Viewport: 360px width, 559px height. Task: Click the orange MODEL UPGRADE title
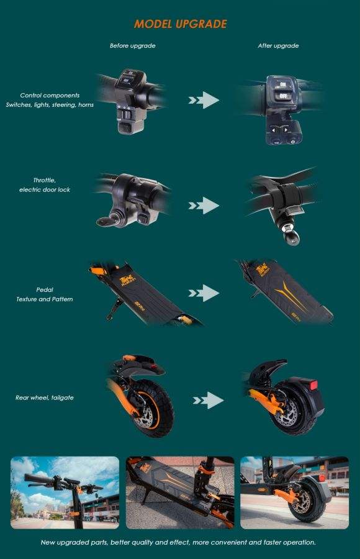pyautogui.click(x=181, y=24)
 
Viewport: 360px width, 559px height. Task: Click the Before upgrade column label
pyautogui.click(x=133, y=45)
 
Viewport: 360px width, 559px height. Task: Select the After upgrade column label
pyautogui.click(x=278, y=45)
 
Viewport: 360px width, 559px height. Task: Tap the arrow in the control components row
pyautogui.click(x=204, y=100)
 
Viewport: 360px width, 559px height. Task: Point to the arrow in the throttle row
pyautogui.click(x=204, y=206)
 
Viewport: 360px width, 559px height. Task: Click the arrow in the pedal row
pyautogui.click(x=204, y=293)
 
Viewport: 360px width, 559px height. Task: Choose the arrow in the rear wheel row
pyautogui.click(x=208, y=401)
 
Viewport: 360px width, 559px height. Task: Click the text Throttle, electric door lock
pyautogui.click(x=45, y=185)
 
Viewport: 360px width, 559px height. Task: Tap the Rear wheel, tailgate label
pyautogui.click(x=45, y=398)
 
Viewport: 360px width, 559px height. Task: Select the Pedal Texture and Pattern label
pyautogui.click(x=45, y=294)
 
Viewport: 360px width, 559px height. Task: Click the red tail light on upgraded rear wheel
pyautogui.click(x=313, y=385)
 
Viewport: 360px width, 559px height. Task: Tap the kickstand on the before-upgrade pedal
pyautogui.click(x=115, y=309)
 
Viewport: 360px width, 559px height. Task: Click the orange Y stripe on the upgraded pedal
pyautogui.click(x=289, y=294)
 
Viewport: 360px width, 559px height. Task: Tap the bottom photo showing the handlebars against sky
pyautogui.click(x=65, y=493)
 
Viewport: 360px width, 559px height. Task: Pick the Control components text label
pyautogui.click(x=50, y=96)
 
